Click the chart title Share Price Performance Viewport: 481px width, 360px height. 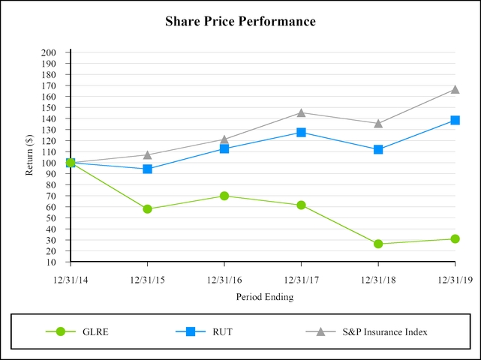pos(240,22)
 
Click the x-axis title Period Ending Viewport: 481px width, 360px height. pos(264,296)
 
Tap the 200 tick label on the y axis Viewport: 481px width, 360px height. pos(49,52)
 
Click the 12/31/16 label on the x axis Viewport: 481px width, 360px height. pos(224,280)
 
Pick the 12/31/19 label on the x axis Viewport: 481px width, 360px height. pos(455,280)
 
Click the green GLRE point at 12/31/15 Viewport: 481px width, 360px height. pos(147,209)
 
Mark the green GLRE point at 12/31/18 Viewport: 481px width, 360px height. pos(378,244)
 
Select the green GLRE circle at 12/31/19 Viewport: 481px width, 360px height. pos(455,238)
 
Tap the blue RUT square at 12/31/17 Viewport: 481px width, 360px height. pos(301,132)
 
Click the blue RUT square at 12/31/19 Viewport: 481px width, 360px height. pos(455,120)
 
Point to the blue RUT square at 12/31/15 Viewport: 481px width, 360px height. pos(147,169)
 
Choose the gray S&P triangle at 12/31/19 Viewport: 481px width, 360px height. pos(455,89)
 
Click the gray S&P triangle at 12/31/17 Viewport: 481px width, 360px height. pos(301,112)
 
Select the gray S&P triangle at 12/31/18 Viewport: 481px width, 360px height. pos(378,123)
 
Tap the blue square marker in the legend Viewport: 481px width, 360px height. pos(191,331)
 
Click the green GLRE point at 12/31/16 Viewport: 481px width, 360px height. pos(224,196)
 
